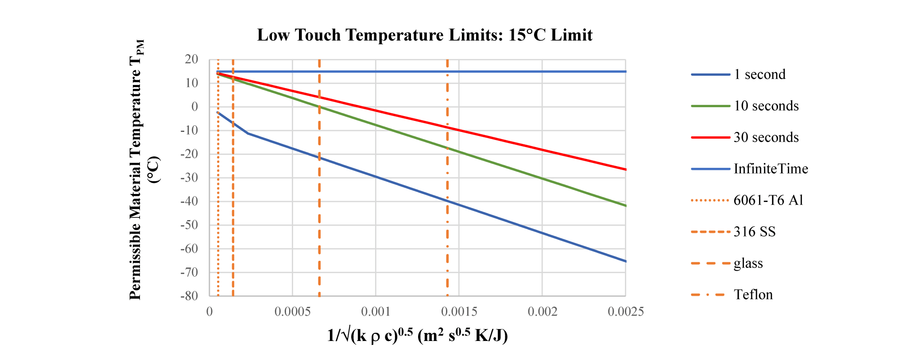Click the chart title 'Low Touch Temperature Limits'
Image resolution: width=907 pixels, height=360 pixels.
[424, 35]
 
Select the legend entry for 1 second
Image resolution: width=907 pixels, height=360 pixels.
[760, 74]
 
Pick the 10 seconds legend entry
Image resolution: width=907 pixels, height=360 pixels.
[766, 106]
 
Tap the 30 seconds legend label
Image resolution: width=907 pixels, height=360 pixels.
[766, 137]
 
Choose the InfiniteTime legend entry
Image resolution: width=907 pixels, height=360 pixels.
[771, 169]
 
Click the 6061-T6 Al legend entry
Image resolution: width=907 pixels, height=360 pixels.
[768, 200]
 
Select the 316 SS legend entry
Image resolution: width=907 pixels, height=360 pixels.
[755, 232]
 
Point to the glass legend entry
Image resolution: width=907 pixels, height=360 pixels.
[748, 263]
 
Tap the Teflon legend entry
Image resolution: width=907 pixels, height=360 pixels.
[753, 295]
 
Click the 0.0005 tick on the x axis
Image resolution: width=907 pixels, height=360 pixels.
[292, 312]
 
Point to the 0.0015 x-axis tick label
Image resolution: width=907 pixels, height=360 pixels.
[459, 312]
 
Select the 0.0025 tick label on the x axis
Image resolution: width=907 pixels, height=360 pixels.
[625, 312]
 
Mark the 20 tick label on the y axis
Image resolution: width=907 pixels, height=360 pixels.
[192, 59]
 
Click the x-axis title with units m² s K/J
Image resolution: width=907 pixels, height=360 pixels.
[417, 336]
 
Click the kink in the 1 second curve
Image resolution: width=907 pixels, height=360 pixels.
[248, 133]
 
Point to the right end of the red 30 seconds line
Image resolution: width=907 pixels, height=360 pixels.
[625, 170]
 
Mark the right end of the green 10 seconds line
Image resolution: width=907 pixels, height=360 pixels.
[625, 206]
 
